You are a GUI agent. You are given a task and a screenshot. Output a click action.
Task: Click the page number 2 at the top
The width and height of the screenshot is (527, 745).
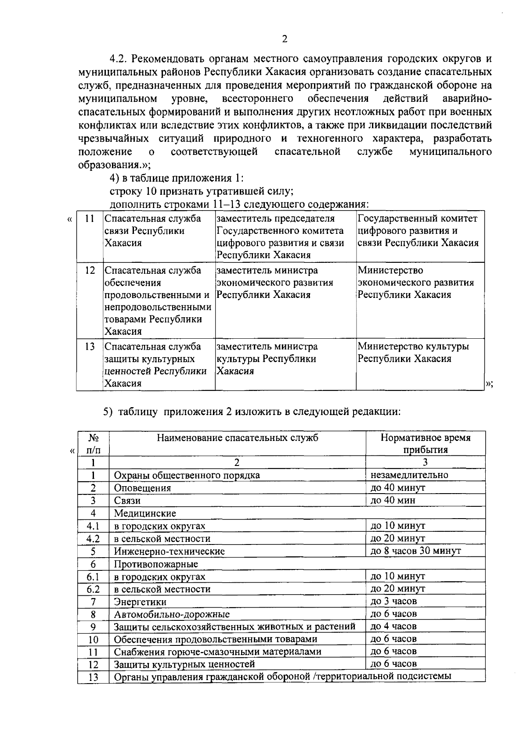[x=285, y=39]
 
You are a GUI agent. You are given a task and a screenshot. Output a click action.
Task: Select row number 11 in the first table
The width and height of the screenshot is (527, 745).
[x=90, y=219]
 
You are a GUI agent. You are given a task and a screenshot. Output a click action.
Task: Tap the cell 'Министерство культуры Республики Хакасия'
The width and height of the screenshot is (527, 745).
[x=413, y=353]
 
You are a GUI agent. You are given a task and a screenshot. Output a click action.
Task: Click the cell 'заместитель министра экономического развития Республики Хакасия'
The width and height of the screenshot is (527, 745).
[x=274, y=283]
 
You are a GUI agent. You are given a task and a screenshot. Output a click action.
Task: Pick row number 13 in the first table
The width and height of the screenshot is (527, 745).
[x=90, y=347]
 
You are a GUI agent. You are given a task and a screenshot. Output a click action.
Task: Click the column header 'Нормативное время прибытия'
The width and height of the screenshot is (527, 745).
[x=425, y=444]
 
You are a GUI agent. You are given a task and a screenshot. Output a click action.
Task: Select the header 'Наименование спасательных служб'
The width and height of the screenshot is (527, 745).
[x=237, y=438]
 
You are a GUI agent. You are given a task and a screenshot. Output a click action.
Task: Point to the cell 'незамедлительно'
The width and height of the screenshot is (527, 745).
[x=409, y=475]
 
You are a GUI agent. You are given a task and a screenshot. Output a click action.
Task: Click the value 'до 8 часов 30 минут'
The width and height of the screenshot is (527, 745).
[x=415, y=551]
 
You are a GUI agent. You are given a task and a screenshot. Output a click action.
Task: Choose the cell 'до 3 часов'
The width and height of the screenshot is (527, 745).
[x=393, y=601]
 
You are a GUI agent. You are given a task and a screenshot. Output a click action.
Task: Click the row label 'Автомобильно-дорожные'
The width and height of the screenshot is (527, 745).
[x=172, y=614]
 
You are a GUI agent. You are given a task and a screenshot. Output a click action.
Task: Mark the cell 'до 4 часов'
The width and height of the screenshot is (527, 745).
[x=393, y=626]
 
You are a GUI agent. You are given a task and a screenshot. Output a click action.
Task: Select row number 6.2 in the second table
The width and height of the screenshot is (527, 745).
[x=93, y=589]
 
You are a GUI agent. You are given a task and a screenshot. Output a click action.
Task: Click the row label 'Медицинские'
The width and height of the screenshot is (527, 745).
[x=145, y=513]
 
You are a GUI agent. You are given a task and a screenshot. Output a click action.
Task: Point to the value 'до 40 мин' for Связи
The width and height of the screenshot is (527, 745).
[x=393, y=500]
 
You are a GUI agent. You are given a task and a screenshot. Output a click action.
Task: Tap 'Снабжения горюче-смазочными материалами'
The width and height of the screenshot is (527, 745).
[x=217, y=652]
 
